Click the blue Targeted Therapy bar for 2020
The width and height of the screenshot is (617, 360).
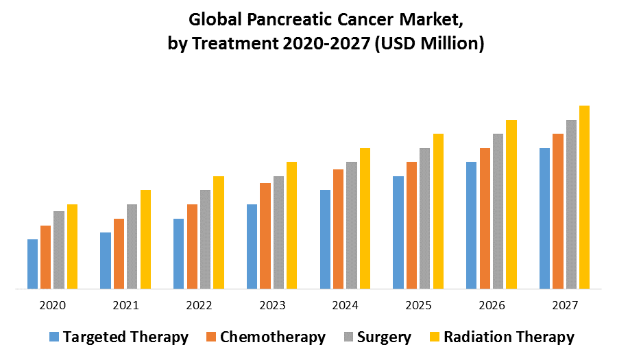click(32, 264)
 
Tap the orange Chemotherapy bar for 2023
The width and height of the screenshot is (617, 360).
click(265, 236)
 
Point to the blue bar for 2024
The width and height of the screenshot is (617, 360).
click(325, 239)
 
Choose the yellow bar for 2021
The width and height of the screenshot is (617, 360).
click(145, 239)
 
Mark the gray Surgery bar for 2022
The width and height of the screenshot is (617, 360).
click(205, 239)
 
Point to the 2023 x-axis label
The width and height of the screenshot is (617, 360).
click(272, 305)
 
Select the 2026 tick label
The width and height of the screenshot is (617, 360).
click(492, 305)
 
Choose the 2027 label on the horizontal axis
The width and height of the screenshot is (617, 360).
click(564, 305)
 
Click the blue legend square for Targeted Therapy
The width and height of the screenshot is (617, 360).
click(54, 337)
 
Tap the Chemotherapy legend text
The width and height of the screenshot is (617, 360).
click(273, 337)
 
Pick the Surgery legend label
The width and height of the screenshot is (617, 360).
click(385, 337)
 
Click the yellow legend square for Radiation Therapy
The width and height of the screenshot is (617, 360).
click(434, 337)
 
